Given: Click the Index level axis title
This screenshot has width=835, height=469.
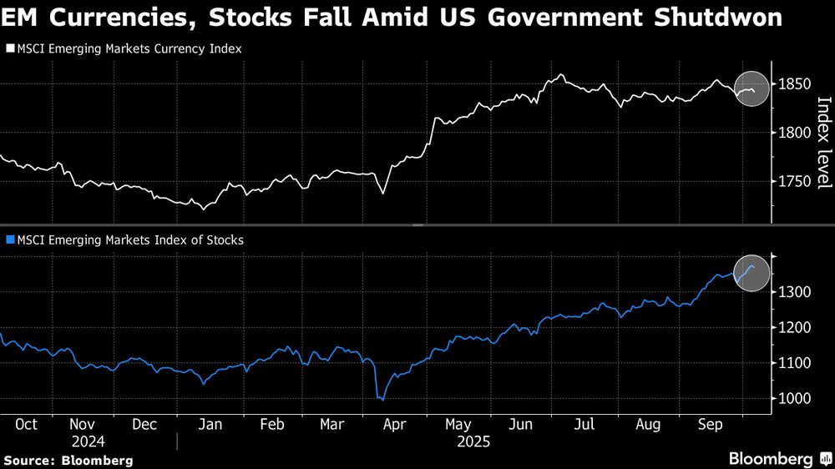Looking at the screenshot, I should (x=823, y=142).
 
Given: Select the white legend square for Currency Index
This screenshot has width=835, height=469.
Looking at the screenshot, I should (x=9, y=49).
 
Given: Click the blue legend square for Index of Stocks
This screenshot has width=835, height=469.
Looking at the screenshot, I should (x=9, y=240).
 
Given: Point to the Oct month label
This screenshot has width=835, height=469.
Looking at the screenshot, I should (x=26, y=424).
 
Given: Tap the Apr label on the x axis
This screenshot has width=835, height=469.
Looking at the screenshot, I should (x=394, y=424).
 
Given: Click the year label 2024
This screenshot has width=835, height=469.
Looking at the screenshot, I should (x=88, y=441).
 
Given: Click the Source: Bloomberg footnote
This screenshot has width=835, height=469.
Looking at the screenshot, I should (x=68, y=460).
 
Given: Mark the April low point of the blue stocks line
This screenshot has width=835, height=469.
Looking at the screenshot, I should (x=382, y=400).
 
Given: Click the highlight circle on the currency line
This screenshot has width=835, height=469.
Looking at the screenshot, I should (x=751, y=89).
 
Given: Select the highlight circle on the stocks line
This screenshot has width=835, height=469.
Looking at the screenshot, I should (x=751, y=275).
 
